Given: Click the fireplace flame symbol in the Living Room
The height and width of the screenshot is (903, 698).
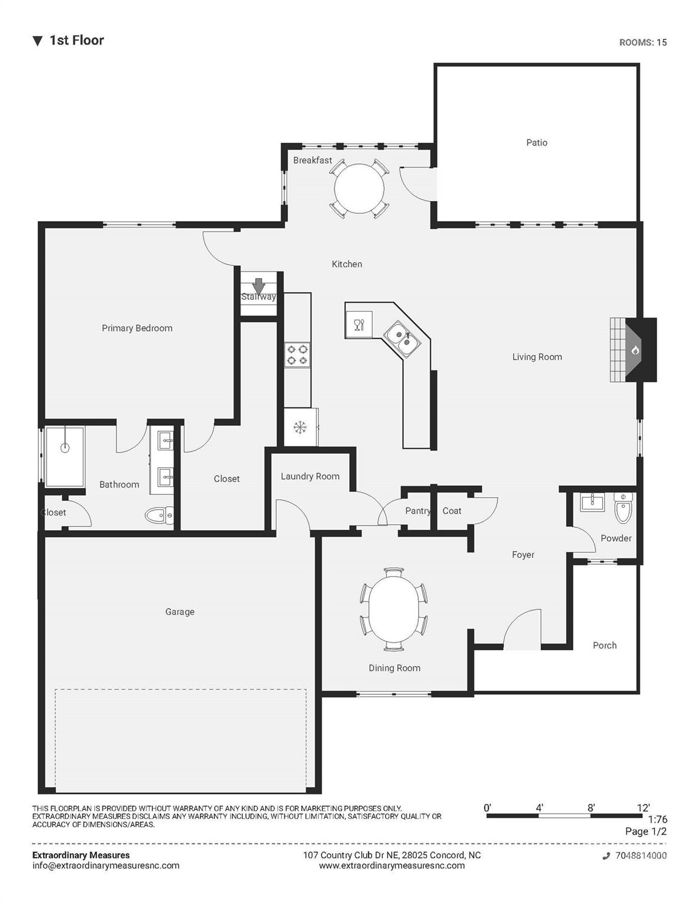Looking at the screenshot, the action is (x=635, y=350).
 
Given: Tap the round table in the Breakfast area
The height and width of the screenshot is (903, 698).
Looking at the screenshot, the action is (x=359, y=188).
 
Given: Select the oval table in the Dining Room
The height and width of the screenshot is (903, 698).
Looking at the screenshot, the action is (x=393, y=609).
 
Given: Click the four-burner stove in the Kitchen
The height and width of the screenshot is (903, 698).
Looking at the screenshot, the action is (x=297, y=354).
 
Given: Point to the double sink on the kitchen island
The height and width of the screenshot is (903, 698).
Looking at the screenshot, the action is (x=402, y=339).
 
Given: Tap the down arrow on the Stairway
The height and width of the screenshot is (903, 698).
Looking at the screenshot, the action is (x=259, y=286).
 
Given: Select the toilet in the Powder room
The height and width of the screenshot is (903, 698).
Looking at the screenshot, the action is (x=623, y=507).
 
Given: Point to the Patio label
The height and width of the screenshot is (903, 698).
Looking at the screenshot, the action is (x=537, y=142).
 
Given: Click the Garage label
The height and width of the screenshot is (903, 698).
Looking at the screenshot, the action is (x=180, y=611).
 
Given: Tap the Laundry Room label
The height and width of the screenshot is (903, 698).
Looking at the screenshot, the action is (x=310, y=476).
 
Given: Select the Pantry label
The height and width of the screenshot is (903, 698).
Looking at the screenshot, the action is (x=418, y=511).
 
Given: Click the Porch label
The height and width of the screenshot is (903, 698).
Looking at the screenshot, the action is (x=605, y=646).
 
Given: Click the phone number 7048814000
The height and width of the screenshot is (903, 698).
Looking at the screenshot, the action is (x=641, y=855).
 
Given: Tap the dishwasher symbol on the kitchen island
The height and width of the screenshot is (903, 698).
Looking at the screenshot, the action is (x=359, y=325).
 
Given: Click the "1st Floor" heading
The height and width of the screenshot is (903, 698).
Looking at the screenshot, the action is (x=77, y=41).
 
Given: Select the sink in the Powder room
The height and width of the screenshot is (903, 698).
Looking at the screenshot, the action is (x=592, y=501).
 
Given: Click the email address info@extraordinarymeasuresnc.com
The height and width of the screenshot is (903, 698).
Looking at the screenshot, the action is (x=106, y=865).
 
